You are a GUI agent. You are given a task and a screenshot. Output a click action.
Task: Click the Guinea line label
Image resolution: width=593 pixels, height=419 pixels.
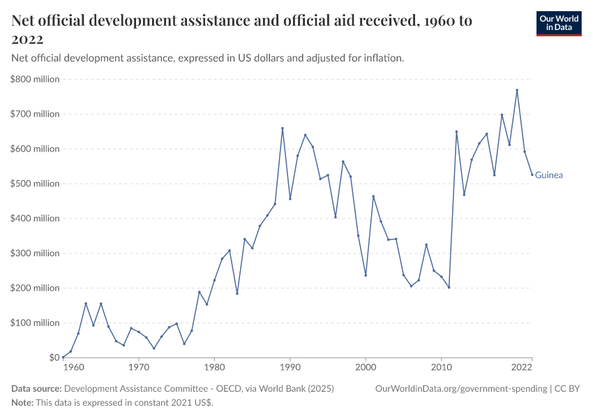point(549,175)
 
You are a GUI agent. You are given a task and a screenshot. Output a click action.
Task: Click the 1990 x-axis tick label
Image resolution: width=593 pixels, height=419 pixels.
point(290,366)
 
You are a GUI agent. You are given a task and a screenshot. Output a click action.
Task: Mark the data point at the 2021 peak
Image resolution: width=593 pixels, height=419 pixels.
point(517,90)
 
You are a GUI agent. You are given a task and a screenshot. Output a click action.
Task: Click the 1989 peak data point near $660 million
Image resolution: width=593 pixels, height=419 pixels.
point(283,128)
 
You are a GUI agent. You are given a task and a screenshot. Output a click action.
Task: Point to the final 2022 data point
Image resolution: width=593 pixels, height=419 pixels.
point(532,175)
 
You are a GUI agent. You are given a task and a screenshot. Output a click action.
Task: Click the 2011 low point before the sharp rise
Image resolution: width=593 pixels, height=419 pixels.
point(449,287)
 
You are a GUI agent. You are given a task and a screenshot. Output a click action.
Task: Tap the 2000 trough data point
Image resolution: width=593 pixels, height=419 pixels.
point(366,275)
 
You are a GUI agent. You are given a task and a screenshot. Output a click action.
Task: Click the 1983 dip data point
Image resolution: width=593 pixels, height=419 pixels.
point(237,293)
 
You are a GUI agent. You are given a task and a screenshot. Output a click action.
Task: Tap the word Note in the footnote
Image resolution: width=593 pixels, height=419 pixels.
point(23,403)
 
